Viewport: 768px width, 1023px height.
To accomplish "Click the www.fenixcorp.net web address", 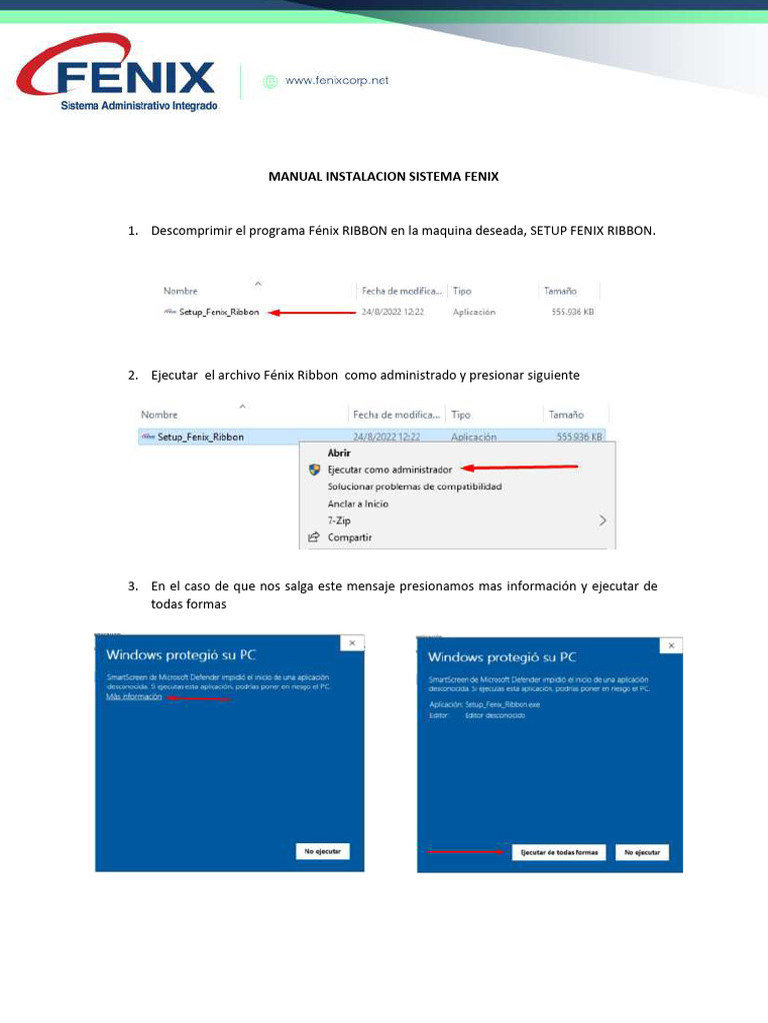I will click(337, 81).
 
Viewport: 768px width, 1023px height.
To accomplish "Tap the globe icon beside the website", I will click(270, 82).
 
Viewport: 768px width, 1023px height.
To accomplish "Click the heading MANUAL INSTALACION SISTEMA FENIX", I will click(383, 176).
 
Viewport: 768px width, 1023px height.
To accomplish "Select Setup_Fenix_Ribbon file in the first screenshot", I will click(218, 312).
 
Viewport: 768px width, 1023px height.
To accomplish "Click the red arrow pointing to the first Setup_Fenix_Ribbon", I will click(313, 312).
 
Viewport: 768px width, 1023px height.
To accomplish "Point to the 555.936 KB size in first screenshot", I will click(573, 312).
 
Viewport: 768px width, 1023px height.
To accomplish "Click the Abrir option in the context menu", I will click(339, 453).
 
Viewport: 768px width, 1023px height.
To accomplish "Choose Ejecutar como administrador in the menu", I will click(389, 469).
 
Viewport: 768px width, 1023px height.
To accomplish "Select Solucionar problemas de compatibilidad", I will click(414, 487).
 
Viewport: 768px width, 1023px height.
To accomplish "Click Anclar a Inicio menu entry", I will click(358, 504).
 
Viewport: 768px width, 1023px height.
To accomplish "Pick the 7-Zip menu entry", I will click(340, 520).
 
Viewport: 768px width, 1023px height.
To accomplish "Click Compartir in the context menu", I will click(349, 537).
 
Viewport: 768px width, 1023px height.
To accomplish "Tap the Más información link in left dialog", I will click(134, 697).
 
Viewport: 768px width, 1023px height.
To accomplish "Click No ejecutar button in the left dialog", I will click(322, 851).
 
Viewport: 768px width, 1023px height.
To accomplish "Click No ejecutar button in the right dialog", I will click(641, 852).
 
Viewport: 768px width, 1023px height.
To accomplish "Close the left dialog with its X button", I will click(351, 643).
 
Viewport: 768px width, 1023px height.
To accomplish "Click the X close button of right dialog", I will click(672, 646).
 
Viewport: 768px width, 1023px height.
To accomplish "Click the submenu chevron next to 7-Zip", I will click(602, 520).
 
